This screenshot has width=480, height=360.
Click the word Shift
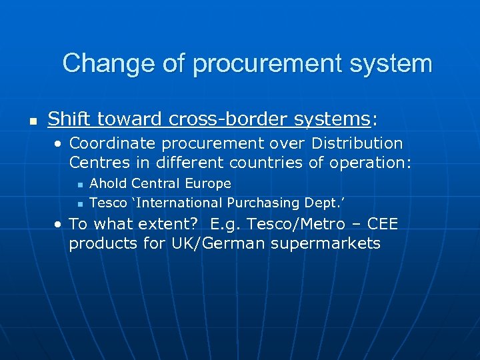click(x=69, y=119)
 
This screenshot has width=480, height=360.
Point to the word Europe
click(x=209, y=183)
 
